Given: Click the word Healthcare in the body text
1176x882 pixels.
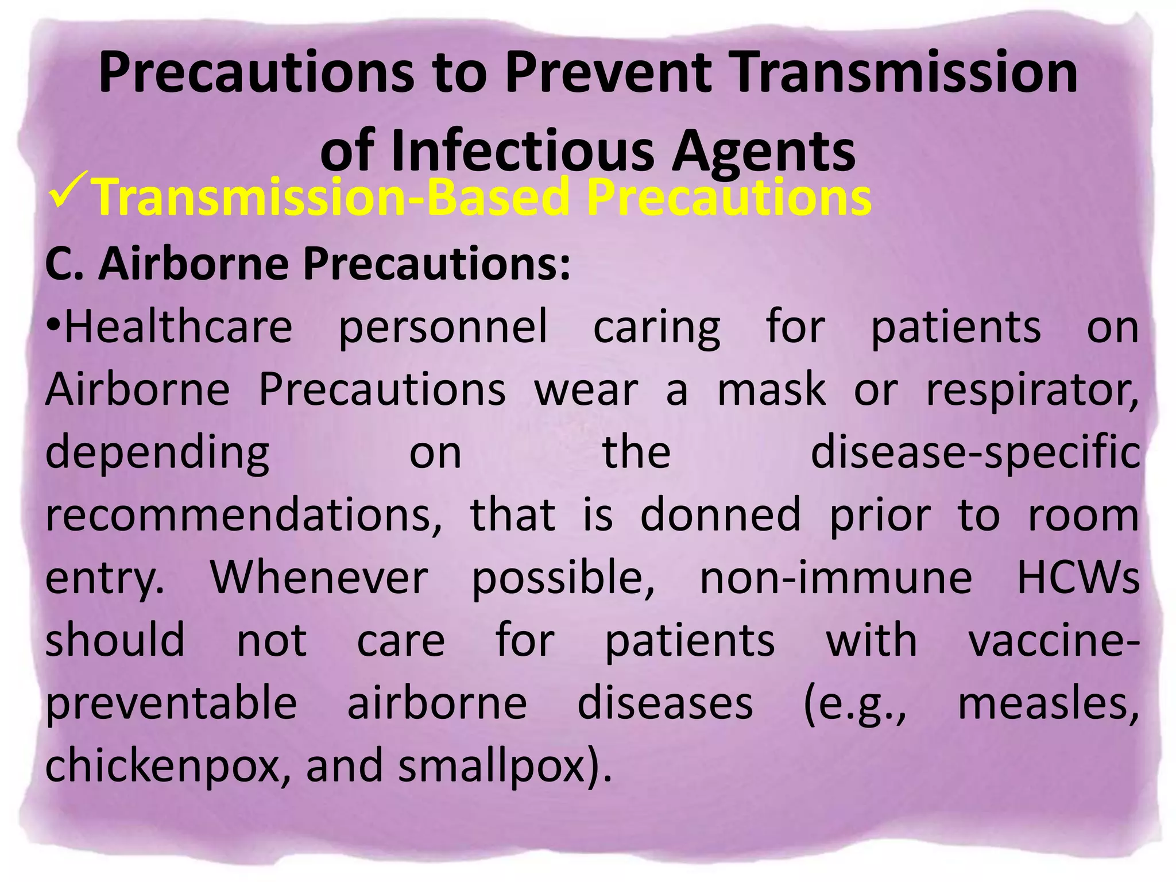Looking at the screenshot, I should pos(178,327).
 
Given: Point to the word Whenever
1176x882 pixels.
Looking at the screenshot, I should pos(319,578).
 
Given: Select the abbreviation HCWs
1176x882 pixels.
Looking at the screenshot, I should pos(1078,578).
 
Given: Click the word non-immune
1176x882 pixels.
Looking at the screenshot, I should pos(835,578).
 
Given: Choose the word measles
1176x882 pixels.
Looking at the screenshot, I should pos(1048,704).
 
